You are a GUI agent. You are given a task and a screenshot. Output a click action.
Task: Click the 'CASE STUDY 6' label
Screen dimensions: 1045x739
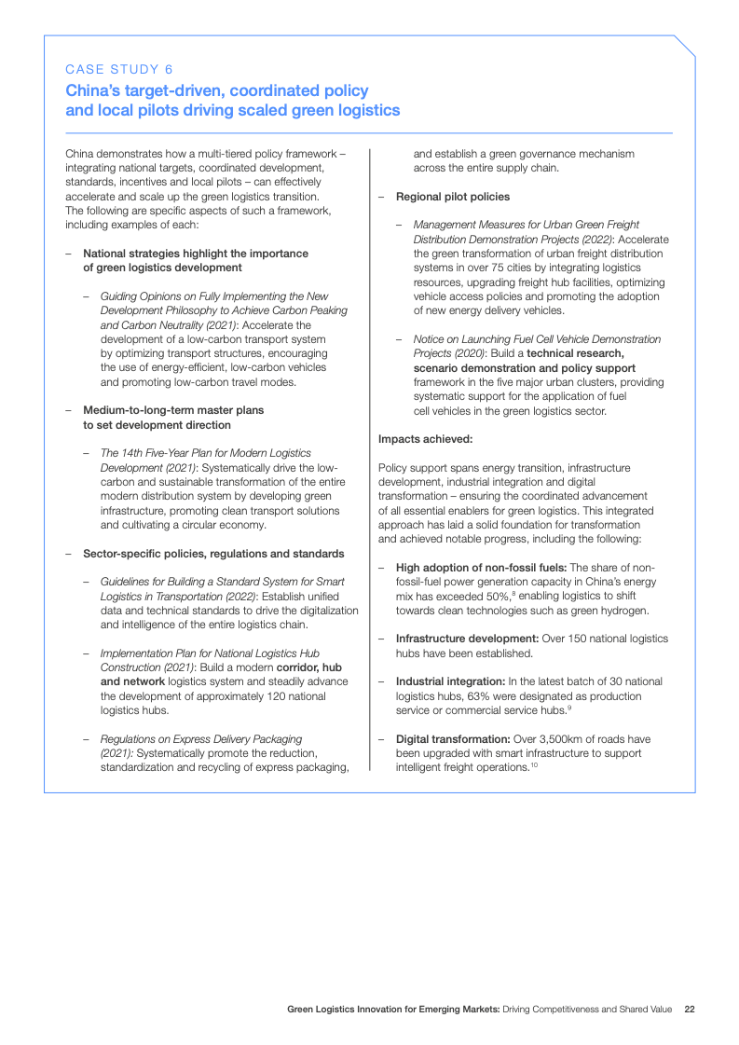click(118, 69)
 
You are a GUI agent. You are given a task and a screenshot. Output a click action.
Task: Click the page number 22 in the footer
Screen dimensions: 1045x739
click(690, 1009)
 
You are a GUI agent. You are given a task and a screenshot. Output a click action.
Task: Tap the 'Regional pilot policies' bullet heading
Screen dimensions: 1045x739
click(454, 197)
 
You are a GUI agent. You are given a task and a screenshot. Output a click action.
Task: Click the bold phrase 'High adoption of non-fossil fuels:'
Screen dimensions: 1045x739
click(481, 567)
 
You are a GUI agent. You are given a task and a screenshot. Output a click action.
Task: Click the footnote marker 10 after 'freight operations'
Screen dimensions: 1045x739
click(535, 765)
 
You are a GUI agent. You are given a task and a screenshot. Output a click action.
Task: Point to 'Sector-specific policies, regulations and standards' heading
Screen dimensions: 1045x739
click(213, 554)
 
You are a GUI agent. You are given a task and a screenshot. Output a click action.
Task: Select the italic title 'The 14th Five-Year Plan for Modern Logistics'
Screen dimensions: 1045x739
click(206, 453)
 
